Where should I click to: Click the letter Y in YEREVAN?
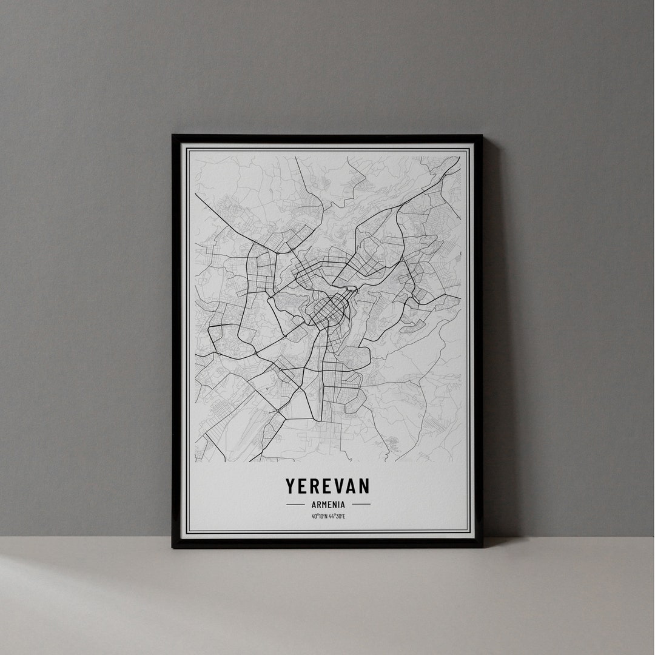(x=291, y=486)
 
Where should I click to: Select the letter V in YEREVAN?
(x=338, y=486)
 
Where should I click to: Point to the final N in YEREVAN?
(x=363, y=486)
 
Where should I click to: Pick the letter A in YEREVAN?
(x=351, y=486)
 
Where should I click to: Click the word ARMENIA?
(x=327, y=504)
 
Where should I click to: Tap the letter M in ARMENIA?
(x=323, y=504)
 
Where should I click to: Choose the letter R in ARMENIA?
(x=317, y=504)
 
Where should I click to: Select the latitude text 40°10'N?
(x=319, y=516)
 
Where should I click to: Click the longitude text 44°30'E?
(x=337, y=516)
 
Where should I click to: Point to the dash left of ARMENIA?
(x=295, y=504)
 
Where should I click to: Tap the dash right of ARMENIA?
(x=361, y=504)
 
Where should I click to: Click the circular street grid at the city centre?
(x=328, y=310)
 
